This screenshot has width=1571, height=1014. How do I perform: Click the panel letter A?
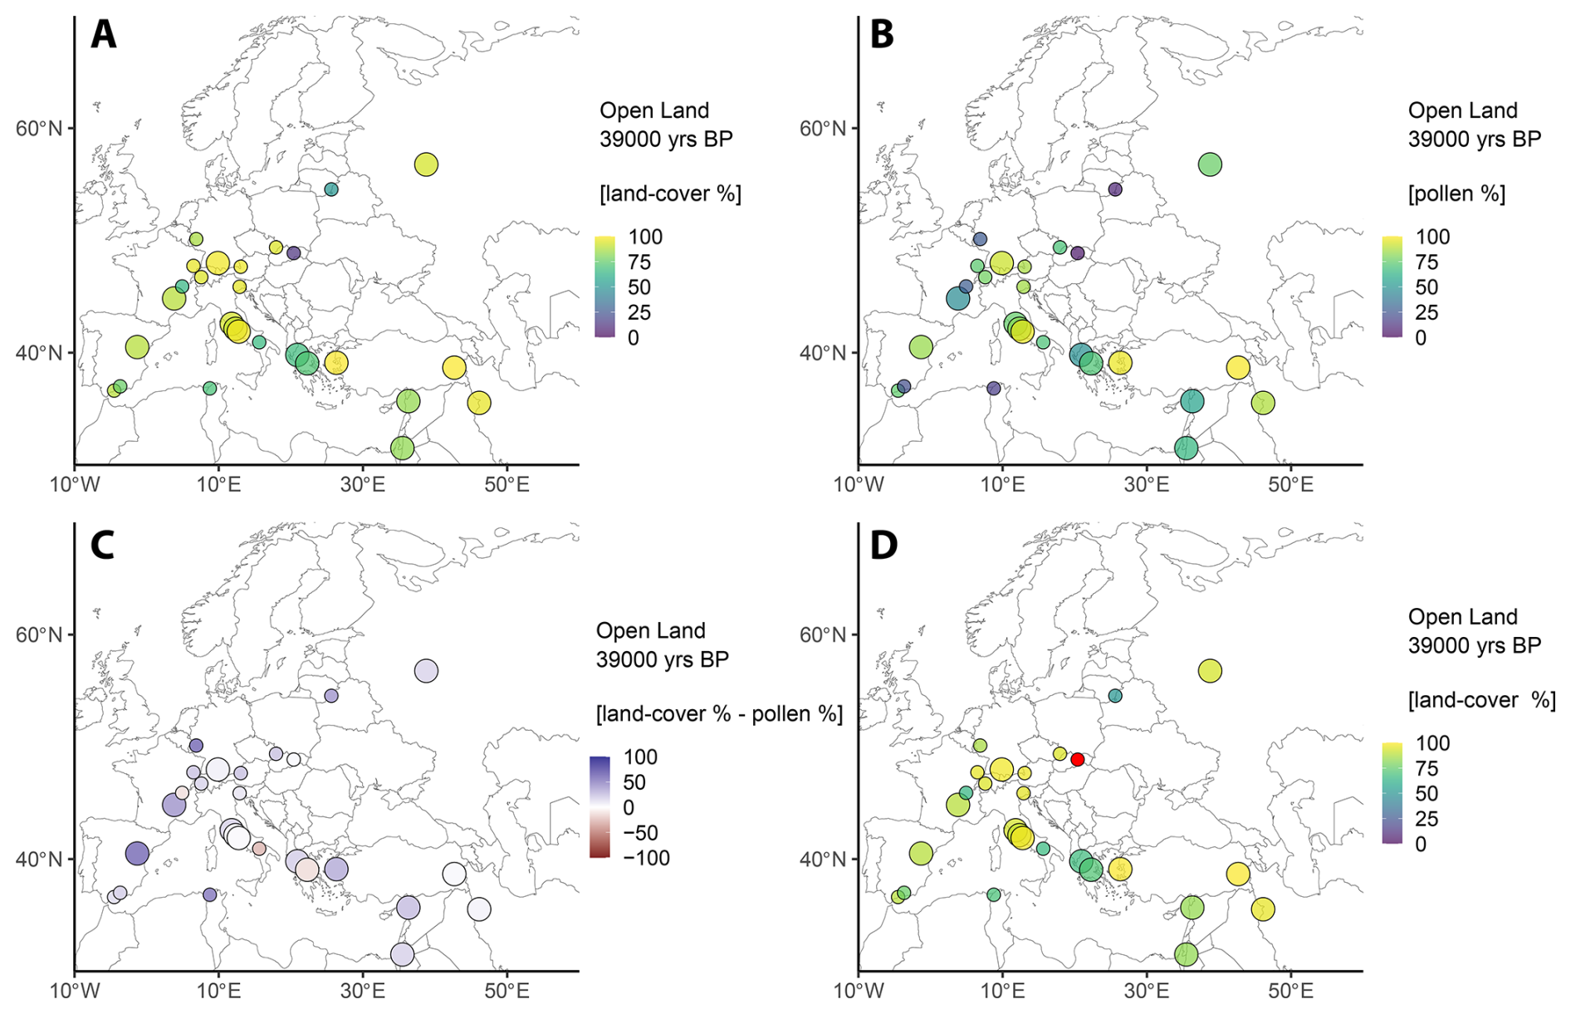point(104,35)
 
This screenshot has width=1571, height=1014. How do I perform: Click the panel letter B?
point(882,35)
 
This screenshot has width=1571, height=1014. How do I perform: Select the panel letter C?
point(102,546)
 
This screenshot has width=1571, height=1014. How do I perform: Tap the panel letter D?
point(883,546)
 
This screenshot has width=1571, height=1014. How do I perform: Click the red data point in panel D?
point(1078,759)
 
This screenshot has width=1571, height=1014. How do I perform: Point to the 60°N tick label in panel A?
point(39,129)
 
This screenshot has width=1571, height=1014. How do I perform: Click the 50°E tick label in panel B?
point(1290,484)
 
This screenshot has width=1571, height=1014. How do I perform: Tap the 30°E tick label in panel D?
point(1147,991)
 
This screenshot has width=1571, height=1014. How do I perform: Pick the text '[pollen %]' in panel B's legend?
point(1456,193)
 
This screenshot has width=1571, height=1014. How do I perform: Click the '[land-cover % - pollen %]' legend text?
point(719,713)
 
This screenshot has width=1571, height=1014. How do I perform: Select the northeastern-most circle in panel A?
point(426,164)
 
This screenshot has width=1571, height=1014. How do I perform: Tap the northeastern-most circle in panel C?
point(426,671)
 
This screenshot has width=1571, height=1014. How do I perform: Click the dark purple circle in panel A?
point(293,252)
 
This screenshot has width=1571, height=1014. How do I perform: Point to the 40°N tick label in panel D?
point(823,860)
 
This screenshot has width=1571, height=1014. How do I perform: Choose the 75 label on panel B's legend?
point(1427,262)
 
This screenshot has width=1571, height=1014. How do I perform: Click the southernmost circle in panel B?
point(1187,448)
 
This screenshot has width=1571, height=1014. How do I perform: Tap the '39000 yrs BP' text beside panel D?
point(1474,645)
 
